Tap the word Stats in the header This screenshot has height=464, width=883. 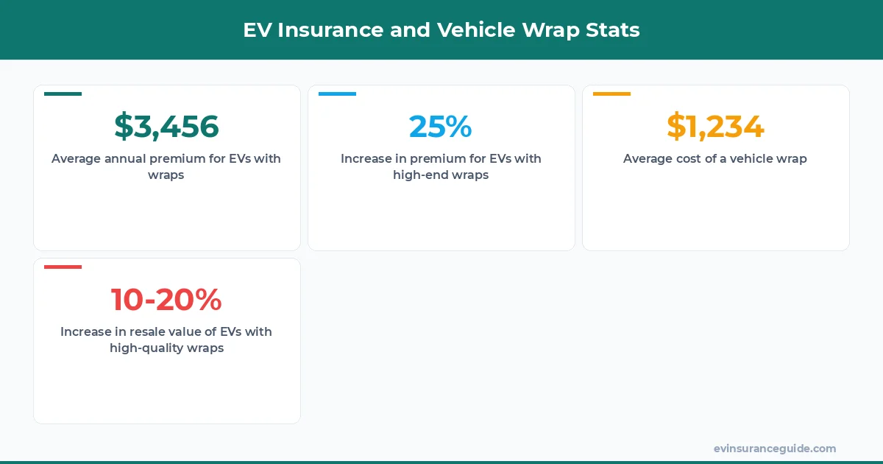(614, 30)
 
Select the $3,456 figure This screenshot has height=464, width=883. (166, 126)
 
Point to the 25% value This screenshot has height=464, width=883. (440, 126)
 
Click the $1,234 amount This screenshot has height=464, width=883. (715, 126)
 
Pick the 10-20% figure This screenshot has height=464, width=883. (166, 299)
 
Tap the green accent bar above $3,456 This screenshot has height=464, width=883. (63, 94)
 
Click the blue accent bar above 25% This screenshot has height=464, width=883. (337, 94)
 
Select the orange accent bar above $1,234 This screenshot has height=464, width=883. (611, 94)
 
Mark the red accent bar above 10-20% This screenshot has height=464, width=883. (63, 267)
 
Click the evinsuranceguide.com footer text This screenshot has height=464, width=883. (774, 449)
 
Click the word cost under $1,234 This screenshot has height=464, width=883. (687, 158)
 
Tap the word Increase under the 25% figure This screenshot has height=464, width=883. (366, 158)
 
